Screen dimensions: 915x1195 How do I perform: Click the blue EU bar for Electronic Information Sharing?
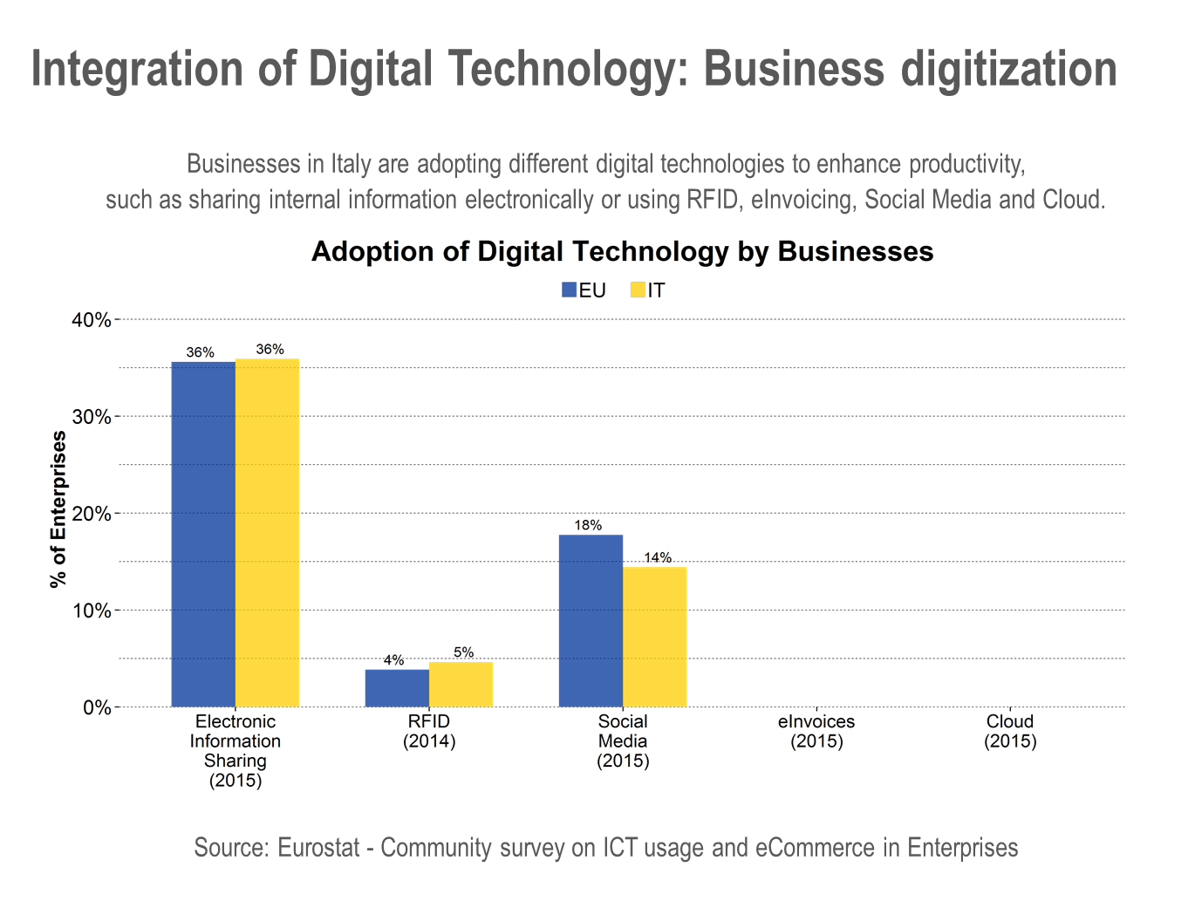(x=203, y=534)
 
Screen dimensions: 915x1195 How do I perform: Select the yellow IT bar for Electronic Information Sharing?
(x=268, y=533)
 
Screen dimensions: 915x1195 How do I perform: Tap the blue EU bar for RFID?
(x=397, y=687)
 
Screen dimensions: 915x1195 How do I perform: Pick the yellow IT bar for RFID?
(x=461, y=684)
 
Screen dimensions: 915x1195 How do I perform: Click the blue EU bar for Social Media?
(x=591, y=620)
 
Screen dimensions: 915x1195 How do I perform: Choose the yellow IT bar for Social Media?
(x=655, y=637)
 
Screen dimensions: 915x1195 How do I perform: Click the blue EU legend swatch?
(x=570, y=290)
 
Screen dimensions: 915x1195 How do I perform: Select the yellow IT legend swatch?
(x=638, y=290)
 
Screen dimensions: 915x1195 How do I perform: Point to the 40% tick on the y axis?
(x=92, y=320)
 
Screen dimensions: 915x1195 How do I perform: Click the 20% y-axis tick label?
(x=92, y=514)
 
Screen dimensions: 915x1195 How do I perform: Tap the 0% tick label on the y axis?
(x=96, y=707)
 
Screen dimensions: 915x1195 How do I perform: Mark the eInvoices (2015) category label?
(x=816, y=731)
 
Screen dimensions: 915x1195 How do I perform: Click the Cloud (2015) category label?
(x=1010, y=731)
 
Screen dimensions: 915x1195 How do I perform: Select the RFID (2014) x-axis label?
(x=429, y=731)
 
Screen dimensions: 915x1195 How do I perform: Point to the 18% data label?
(x=588, y=525)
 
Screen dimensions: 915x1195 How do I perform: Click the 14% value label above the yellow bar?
(x=658, y=557)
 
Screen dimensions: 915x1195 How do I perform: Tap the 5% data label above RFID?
(x=463, y=652)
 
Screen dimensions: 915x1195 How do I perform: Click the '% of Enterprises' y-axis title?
(x=58, y=509)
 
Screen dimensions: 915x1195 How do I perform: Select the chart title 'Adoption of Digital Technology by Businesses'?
(x=622, y=251)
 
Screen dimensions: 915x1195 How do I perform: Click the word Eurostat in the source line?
(x=318, y=848)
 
